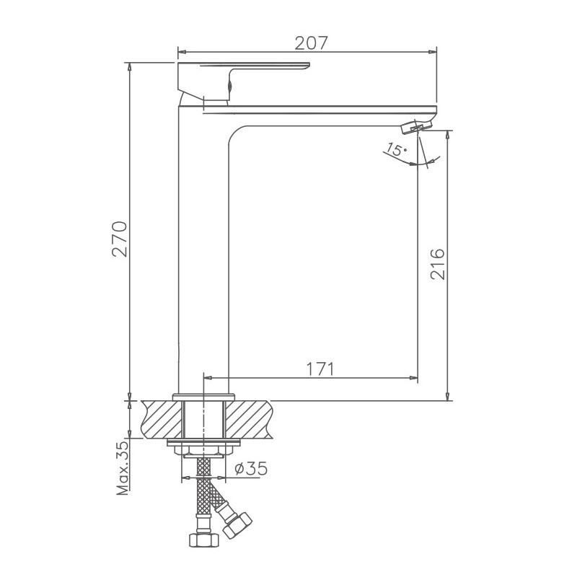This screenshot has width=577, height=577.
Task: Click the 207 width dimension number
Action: [x=312, y=43]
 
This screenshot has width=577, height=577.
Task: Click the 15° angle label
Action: [x=396, y=150]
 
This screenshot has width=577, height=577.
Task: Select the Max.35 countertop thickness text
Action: [x=121, y=468]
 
